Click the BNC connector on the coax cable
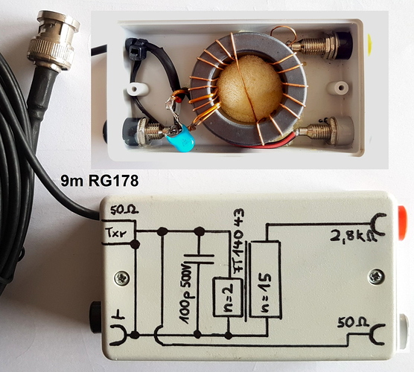click(54, 42)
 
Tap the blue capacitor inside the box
click(180, 139)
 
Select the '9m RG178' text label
click(100, 181)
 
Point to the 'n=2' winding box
click(228, 297)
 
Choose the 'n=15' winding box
click(265, 280)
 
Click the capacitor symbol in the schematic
click(199, 260)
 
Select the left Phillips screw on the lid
click(121, 278)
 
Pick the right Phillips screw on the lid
click(376, 277)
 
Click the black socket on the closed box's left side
click(95, 313)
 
